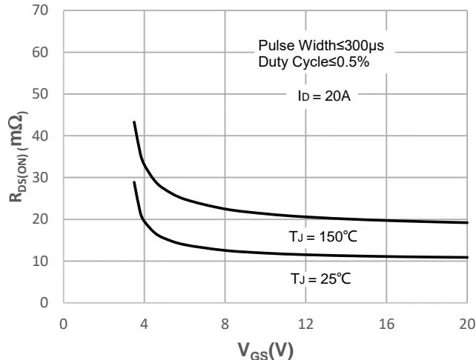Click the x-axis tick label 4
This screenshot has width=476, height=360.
144,324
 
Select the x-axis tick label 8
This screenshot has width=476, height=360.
225,324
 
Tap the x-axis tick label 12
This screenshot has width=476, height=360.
305,324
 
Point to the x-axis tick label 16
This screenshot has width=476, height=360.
386,324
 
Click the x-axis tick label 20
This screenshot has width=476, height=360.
466,324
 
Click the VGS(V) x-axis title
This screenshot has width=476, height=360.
265,350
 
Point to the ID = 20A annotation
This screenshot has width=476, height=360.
320,95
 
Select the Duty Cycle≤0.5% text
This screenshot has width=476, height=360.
314,61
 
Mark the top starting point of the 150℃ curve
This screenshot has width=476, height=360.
134,121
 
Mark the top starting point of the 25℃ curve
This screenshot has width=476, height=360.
134,181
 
